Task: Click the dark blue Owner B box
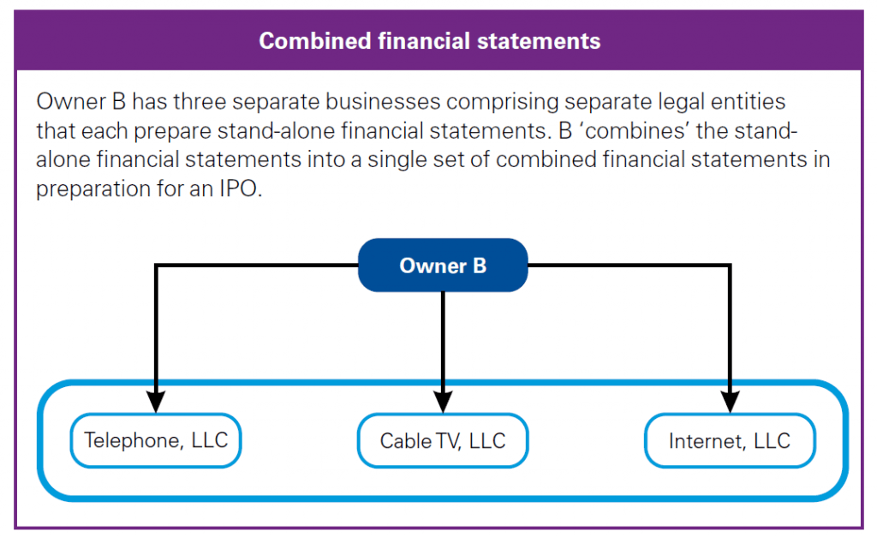(443, 266)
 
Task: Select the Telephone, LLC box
(156, 440)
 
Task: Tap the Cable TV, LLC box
(443, 441)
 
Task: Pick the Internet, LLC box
(730, 441)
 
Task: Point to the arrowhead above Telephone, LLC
(156, 400)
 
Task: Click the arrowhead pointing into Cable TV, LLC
(443, 400)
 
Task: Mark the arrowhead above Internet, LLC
(730, 400)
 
